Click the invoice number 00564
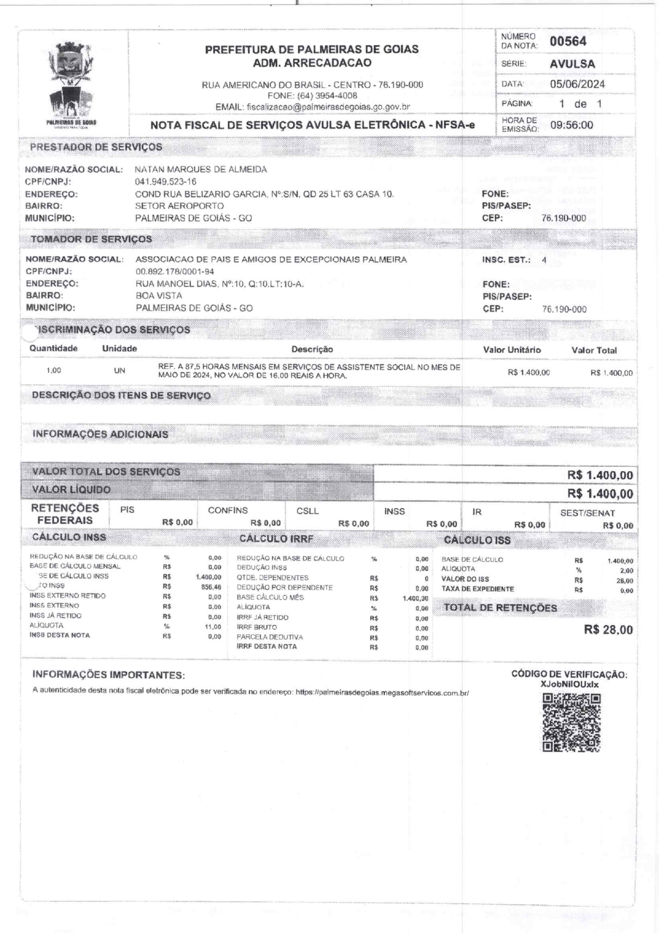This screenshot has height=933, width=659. tap(568, 41)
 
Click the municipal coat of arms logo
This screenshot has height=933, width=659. tap(72, 80)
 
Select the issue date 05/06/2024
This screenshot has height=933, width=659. tap(577, 84)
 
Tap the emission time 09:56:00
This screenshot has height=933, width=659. tap(571, 125)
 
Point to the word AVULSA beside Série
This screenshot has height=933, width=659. tap(572, 64)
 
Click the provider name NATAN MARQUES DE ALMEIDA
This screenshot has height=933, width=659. tap(201, 170)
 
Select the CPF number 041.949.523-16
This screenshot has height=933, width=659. tap(166, 182)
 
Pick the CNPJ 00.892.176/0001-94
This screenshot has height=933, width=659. tap(175, 272)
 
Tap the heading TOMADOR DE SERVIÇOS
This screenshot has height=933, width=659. tap(91, 239)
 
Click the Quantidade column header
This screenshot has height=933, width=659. tap(53, 349)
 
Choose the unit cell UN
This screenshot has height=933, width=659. tap(120, 371)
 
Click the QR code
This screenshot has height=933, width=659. tap(572, 723)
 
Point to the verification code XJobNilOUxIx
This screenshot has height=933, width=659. tap(569, 684)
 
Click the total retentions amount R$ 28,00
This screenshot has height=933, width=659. tap(608, 630)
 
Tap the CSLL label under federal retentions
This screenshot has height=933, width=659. tap(308, 511)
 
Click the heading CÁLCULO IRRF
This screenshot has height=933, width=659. tap(276, 539)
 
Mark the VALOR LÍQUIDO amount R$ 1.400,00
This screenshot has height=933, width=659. tap(600, 494)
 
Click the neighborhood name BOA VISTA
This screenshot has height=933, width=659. tap(159, 296)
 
